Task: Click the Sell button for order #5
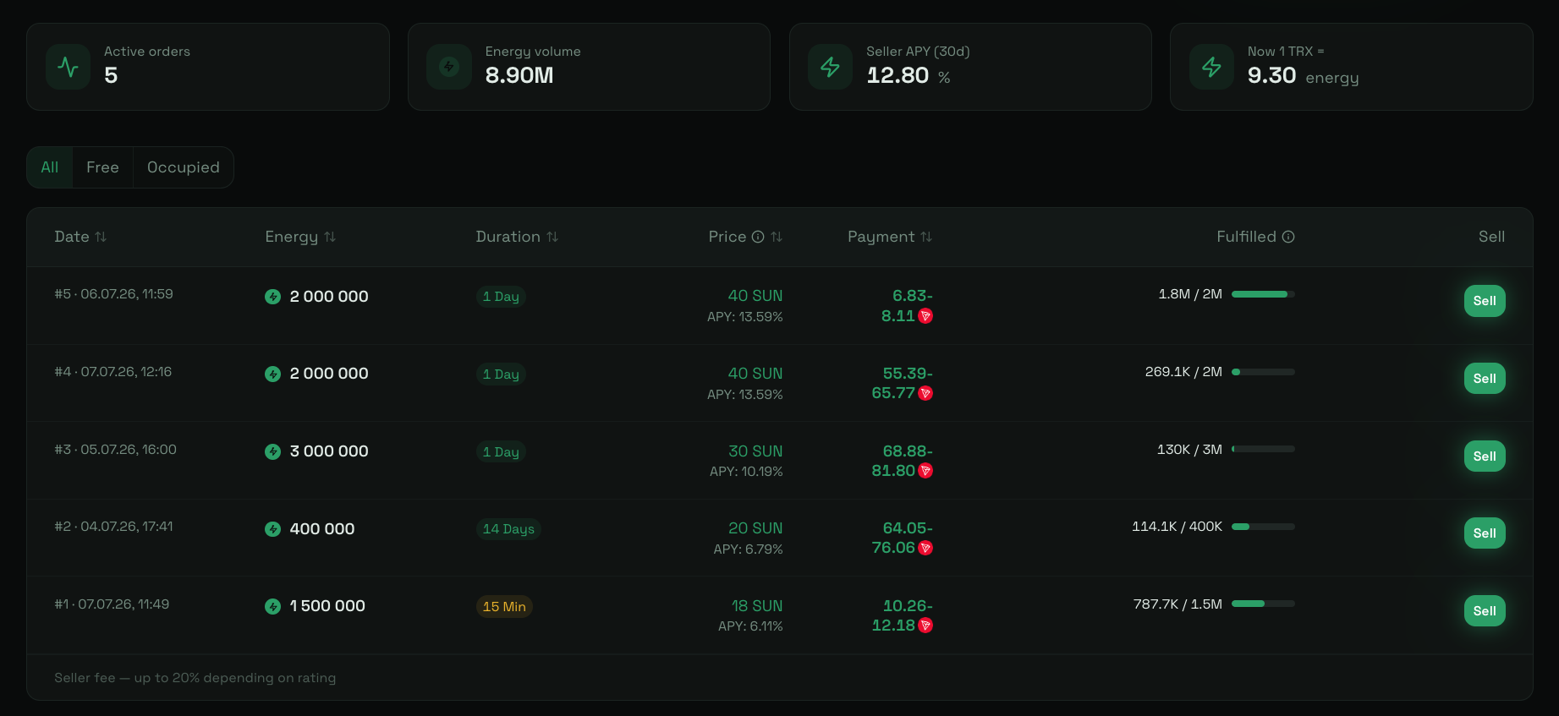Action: click(x=1485, y=301)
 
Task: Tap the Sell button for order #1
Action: click(x=1485, y=611)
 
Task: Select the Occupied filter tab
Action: click(x=184, y=167)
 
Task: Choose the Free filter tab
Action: click(x=102, y=167)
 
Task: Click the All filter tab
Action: click(x=50, y=167)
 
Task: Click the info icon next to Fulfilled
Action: click(x=1288, y=237)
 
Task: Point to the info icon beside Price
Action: click(x=758, y=237)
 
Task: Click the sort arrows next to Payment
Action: click(x=926, y=237)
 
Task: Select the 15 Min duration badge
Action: click(x=504, y=607)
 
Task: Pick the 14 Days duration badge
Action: click(x=508, y=529)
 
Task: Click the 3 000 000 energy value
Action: click(x=329, y=451)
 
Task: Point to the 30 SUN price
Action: click(x=755, y=451)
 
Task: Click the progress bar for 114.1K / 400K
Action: click(x=1263, y=527)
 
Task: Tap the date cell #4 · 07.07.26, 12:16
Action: click(x=113, y=372)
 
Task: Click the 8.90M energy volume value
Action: click(x=519, y=75)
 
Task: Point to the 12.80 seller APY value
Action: click(x=898, y=75)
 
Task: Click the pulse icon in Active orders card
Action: click(x=68, y=67)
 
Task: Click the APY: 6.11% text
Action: click(x=750, y=626)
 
